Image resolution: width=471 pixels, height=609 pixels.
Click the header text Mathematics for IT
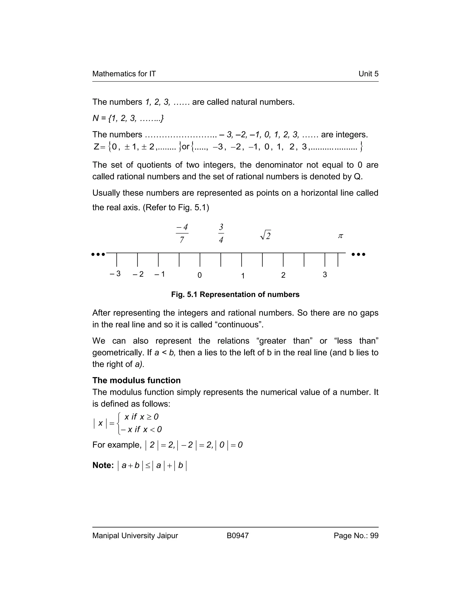click(124, 74)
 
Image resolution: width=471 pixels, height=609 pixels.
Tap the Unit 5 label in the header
click(368, 74)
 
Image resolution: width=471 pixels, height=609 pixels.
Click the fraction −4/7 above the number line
click(182, 233)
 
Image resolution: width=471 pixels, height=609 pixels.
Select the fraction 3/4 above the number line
click(221, 233)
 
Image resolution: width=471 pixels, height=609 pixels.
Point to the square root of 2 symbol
click(265, 236)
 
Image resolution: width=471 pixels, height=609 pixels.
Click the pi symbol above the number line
click(340, 236)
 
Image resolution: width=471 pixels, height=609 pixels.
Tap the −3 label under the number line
click(115, 274)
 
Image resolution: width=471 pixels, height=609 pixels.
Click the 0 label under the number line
click(199, 275)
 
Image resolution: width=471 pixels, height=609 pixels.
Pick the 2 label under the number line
click(283, 275)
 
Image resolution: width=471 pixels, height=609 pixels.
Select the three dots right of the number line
click(358, 254)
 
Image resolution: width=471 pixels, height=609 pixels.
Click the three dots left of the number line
click(98, 254)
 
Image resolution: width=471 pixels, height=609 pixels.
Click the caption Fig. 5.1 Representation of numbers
click(235, 294)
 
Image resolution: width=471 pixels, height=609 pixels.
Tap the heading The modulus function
click(136, 380)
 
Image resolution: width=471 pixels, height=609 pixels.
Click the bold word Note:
click(103, 465)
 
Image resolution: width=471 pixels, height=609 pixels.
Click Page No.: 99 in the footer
click(356, 536)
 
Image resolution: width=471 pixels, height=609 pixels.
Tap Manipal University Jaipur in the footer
click(135, 536)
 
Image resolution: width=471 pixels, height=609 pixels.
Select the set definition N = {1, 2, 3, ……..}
click(128, 119)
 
